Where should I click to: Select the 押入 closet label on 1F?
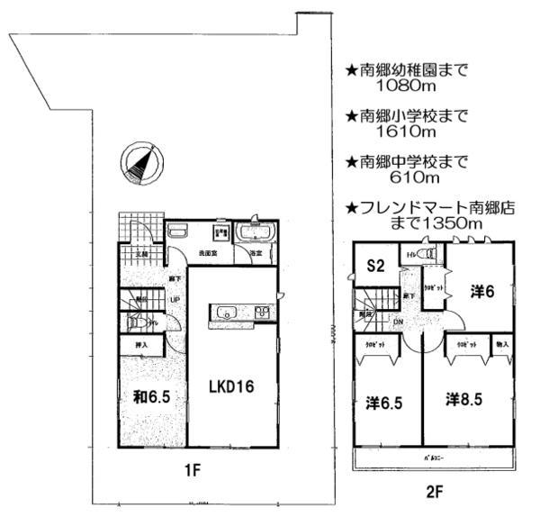pos(140,344)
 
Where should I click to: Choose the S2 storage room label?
pos(375,266)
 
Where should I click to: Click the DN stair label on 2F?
pos(398,322)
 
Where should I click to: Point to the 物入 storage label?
pos(501,344)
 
